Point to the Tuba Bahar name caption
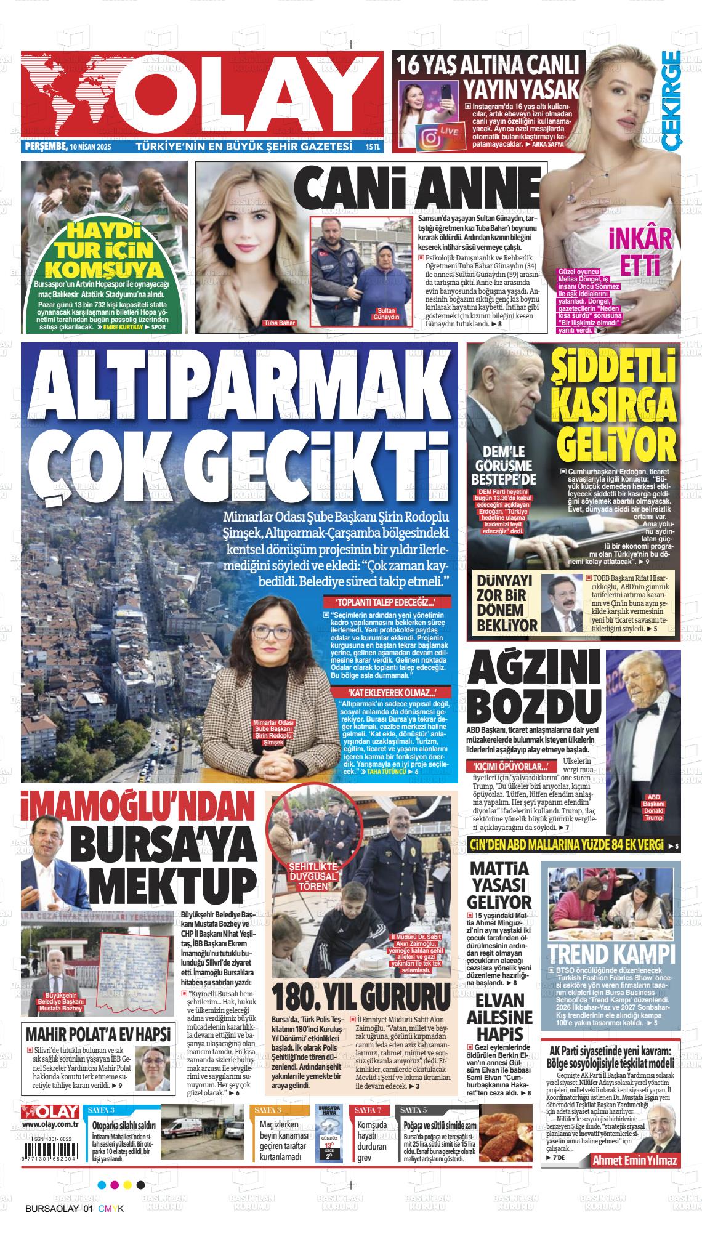tap(279, 323)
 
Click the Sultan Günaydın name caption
tap(385, 313)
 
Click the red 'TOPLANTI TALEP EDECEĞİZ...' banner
tap(376, 603)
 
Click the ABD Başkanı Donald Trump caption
tap(653, 806)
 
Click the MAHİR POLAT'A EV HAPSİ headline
tap(98, 1034)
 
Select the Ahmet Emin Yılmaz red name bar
tap(634, 1161)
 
